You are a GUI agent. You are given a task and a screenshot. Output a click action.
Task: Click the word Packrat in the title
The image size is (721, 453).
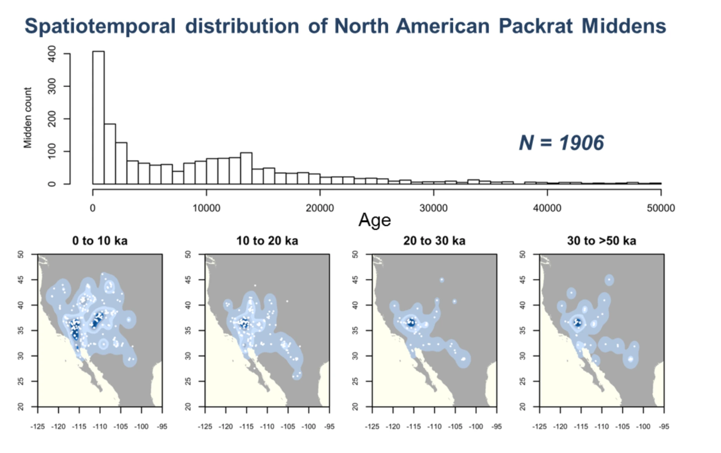(x=536, y=26)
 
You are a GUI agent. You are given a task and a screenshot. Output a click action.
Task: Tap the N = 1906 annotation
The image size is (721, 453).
(x=561, y=142)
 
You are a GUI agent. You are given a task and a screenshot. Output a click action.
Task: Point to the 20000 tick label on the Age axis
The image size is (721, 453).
(x=320, y=208)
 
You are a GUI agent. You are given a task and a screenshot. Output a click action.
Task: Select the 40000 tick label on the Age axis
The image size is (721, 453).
(x=547, y=208)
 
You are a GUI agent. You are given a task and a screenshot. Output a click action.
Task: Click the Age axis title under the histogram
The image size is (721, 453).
(x=374, y=220)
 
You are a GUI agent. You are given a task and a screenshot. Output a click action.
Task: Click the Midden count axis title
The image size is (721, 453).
(x=27, y=118)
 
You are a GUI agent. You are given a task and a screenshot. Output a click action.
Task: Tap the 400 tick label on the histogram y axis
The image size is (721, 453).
(x=51, y=53)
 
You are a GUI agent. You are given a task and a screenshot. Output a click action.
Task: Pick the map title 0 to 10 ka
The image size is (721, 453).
(x=100, y=241)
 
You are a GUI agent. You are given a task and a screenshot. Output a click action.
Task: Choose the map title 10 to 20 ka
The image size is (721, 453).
(x=267, y=241)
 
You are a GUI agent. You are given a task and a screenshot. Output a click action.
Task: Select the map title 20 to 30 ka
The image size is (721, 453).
(x=434, y=241)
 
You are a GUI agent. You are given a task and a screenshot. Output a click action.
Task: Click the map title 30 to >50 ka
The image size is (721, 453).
(x=601, y=241)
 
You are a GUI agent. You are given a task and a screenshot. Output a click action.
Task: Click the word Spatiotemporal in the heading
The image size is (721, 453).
(x=100, y=26)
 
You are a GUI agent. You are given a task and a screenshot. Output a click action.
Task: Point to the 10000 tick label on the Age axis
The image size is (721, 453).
(x=206, y=208)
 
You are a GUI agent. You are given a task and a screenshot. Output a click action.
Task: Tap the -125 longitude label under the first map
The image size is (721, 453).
(x=38, y=427)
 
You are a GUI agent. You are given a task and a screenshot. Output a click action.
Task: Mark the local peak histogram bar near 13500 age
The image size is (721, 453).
(x=246, y=168)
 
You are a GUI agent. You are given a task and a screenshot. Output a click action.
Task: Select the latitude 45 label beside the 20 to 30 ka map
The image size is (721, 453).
(x=355, y=279)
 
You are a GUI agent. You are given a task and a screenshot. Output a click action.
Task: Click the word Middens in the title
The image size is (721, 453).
(x=623, y=26)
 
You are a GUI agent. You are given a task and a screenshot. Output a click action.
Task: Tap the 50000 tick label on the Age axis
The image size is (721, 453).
(x=661, y=208)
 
